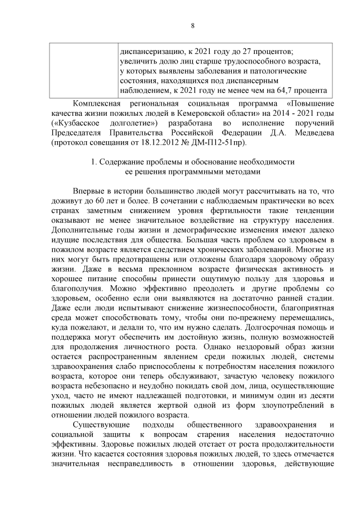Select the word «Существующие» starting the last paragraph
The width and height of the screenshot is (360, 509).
pos(98,424)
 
